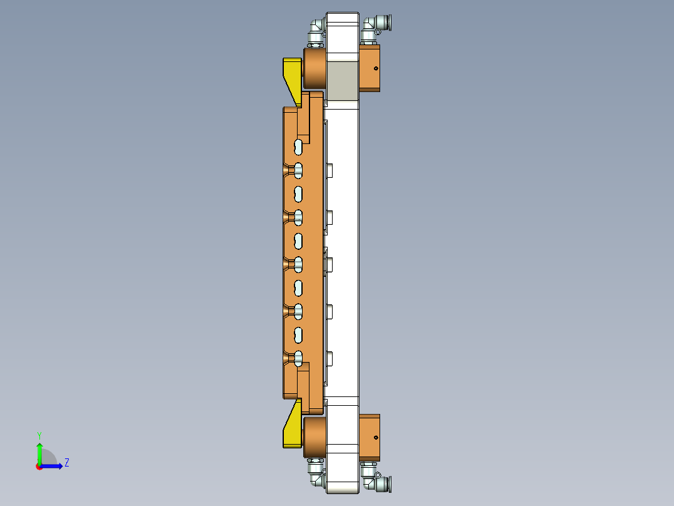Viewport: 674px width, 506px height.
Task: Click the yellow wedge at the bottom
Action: pos(291,429)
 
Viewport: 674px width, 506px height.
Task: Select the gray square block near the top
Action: pos(341,81)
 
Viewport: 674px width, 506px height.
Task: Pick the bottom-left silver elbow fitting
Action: pos(316,476)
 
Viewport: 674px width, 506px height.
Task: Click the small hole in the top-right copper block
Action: pos(376,68)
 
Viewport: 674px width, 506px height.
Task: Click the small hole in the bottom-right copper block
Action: pos(376,437)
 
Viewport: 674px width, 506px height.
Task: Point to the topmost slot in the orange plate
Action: pos(299,147)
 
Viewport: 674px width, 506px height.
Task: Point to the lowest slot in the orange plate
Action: pos(299,358)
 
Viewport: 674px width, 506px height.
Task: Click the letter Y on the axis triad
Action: pos(39,435)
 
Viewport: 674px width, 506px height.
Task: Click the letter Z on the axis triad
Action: pos(66,463)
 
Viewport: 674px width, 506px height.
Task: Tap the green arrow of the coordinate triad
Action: pos(39,452)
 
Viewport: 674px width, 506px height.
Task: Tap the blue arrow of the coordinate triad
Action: pos(53,466)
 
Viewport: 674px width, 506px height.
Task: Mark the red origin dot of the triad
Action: pos(39,467)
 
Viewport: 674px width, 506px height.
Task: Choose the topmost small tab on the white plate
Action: pos(329,170)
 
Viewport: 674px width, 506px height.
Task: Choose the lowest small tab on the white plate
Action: pos(329,358)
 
